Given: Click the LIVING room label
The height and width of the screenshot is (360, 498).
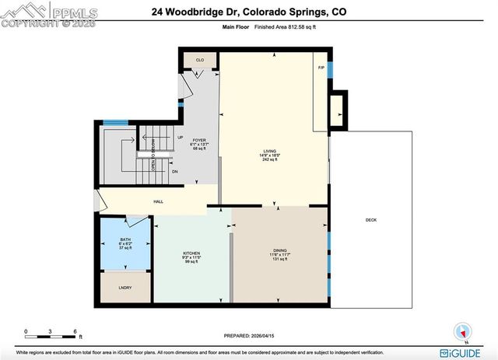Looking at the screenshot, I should (x=271, y=150).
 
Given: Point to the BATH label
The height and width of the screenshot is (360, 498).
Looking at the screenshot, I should (x=125, y=239).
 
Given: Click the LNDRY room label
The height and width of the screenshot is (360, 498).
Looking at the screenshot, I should (x=124, y=287).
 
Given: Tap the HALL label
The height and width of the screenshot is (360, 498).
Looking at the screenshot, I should (x=158, y=201).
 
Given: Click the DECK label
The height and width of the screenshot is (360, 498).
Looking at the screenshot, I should (x=371, y=220).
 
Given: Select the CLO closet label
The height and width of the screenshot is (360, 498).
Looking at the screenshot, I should (x=199, y=60).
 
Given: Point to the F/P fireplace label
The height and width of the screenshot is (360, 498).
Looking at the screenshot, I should (x=321, y=68).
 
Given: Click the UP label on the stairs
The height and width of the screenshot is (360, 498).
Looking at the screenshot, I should (x=180, y=138).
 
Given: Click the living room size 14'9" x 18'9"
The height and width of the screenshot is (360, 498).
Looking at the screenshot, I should (x=271, y=156).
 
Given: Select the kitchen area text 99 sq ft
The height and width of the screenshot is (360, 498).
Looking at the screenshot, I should (x=188, y=263).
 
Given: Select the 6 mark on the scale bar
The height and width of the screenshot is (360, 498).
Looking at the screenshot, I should (x=75, y=331).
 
